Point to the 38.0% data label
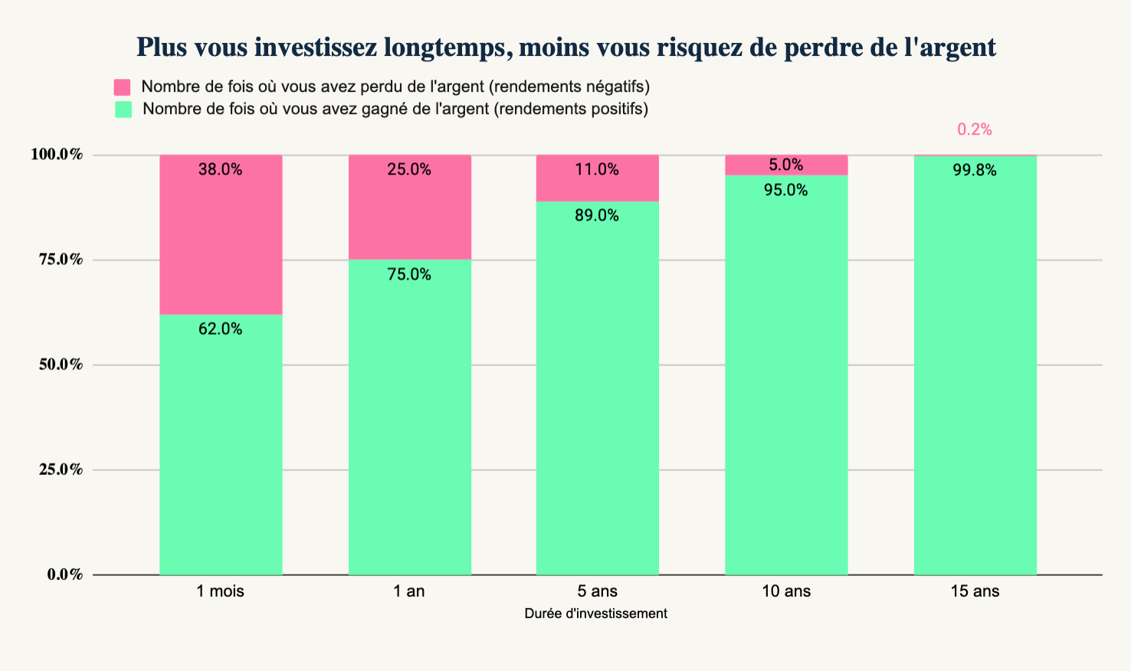click(x=221, y=170)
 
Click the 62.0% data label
click(x=221, y=329)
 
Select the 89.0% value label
click(x=597, y=216)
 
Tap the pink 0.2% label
click(x=975, y=130)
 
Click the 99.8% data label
click(x=975, y=171)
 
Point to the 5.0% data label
click(x=786, y=165)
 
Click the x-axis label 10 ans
click(x=786, y=591)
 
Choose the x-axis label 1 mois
click(x=221, y=591)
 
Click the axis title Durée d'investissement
click(x=596, y=614)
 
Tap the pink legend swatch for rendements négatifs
click(x=123, y=87)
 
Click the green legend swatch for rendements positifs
click(x=123, y=110)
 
